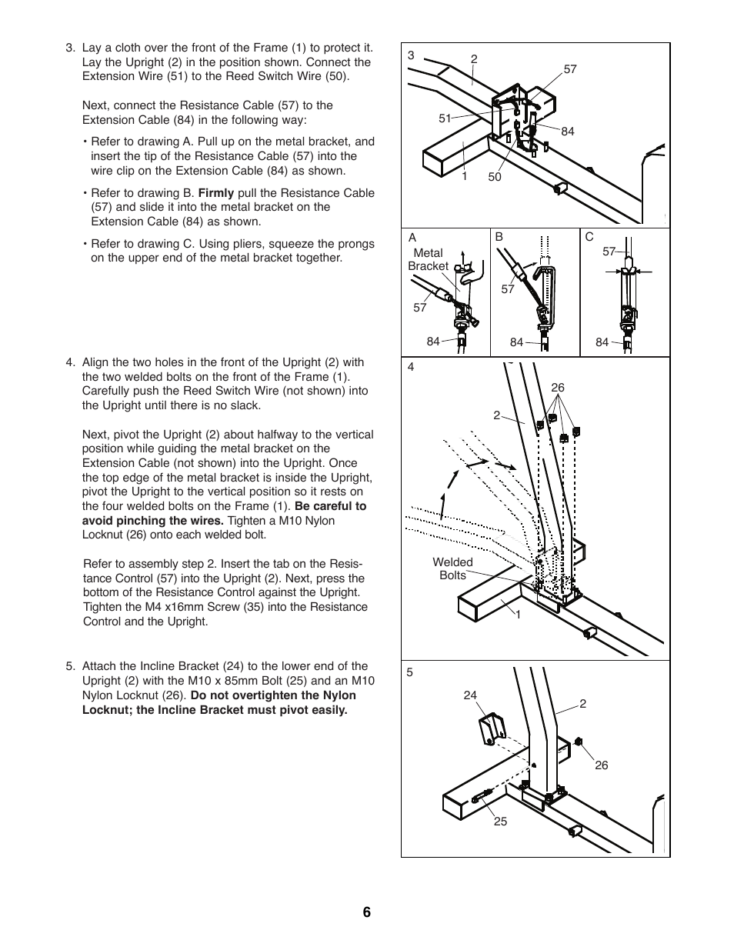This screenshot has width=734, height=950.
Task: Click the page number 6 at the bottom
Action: coord(366,912)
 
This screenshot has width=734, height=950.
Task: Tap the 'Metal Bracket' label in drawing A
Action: coord(428,259)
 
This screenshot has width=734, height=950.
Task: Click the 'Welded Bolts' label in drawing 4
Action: coord(452,568)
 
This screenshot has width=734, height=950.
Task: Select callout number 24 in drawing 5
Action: coord(470,695)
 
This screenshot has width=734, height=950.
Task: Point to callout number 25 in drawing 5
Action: coord(500,822)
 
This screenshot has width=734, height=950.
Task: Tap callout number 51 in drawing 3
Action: coord(445,118)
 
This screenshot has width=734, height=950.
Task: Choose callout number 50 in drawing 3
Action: coord(494,177)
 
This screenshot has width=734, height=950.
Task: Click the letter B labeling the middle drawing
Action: coord(499,237)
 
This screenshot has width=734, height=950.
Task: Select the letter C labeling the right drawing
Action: coord(589,237)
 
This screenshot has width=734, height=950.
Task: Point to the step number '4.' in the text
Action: coord(71,362)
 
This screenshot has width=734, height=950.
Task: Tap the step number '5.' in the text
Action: coord(71,666)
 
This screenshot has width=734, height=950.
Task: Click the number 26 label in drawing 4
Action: coord(558,388)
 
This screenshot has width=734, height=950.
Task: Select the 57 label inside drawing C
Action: coord(609,252)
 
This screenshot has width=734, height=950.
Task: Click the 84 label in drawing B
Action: coord(516,342)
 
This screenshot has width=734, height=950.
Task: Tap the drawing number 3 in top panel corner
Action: coord(411,55)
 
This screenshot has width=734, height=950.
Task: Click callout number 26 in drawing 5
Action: coord(601,765)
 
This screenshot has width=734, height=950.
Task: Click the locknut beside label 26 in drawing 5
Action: coord(578,742)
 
